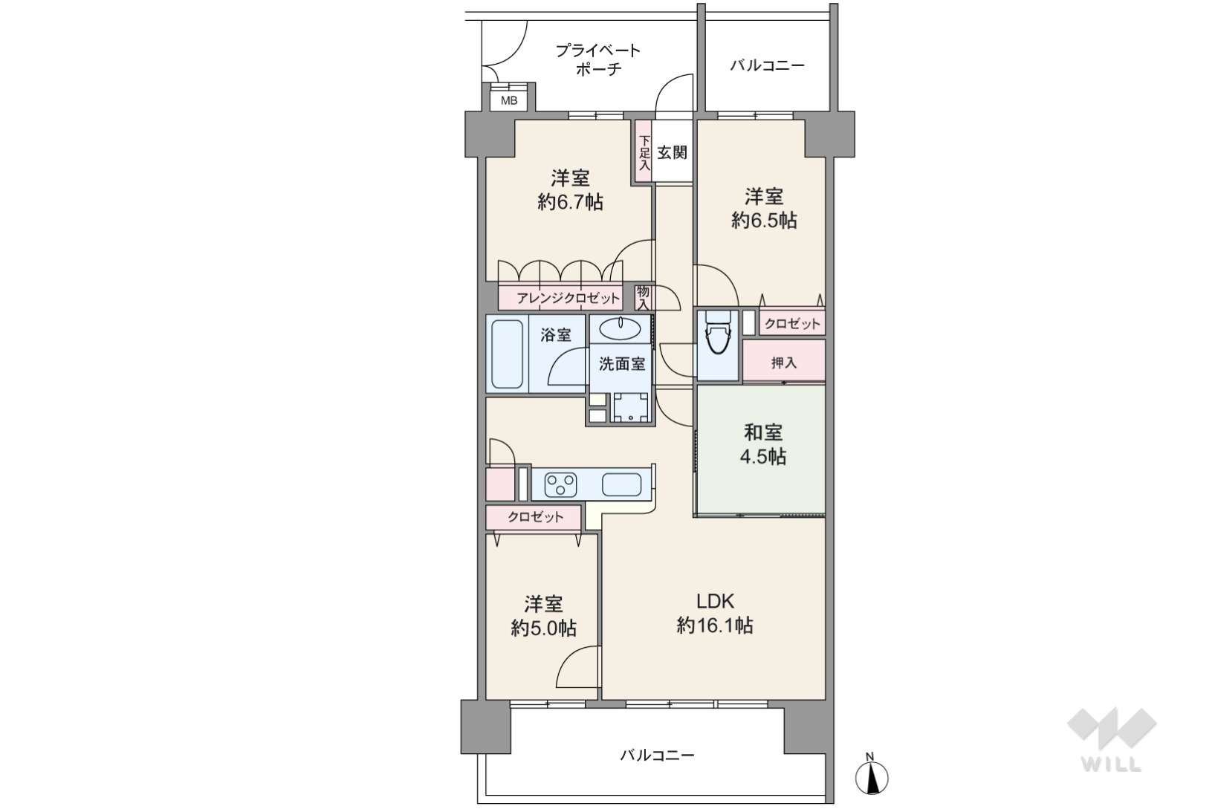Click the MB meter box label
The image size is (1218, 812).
tap(509, 100)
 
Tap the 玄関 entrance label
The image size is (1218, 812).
tap(672, 153)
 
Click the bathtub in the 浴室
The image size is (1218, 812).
tap(507, 354)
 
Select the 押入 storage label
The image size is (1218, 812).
tap(783, 363)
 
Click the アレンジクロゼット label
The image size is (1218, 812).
tap(568, 299)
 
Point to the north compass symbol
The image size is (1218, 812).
tap(871, 776)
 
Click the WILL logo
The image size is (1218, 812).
tap(1112, 739)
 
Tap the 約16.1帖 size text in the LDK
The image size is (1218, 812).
tap(715, 626)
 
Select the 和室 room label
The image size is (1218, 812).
tap(763, 432)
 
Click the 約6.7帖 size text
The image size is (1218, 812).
tap(570, 202)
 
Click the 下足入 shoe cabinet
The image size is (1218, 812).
tap(644, 153)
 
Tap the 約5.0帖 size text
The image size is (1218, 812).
tap(544, 629)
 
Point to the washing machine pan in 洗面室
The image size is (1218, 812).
tap(631, 407)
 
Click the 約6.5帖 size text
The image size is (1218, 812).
tap(764, 221)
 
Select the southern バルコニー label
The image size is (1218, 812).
tap(658, 756)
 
